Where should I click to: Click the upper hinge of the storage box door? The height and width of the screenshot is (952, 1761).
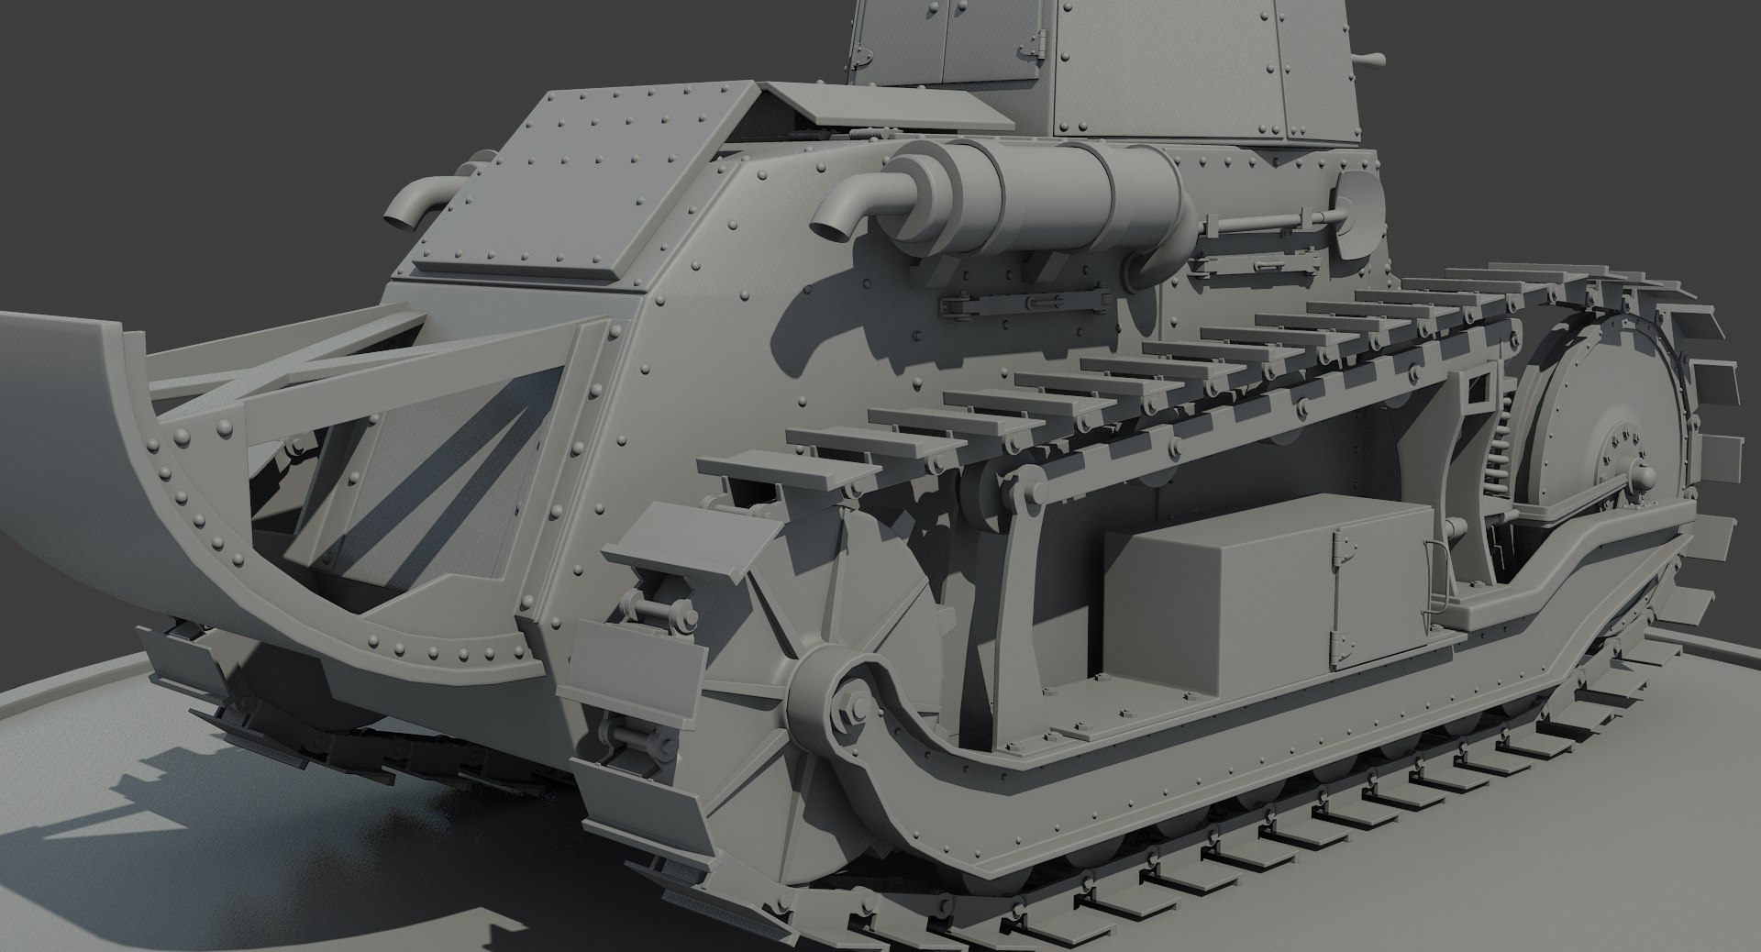click(1345, 548)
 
